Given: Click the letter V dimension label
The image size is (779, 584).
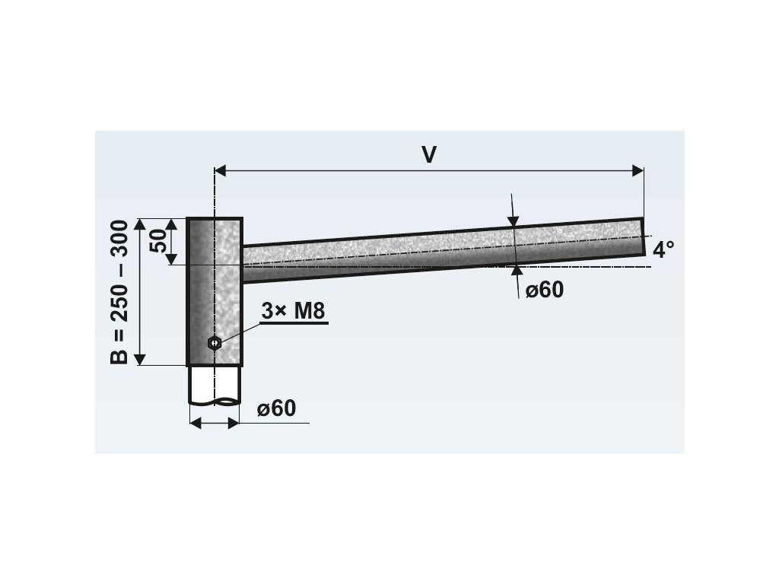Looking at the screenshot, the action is click(429, 154).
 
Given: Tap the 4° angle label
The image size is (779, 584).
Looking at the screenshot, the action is click(663, 249).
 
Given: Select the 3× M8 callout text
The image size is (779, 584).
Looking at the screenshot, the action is click(293, 311).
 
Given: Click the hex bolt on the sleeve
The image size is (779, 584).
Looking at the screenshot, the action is click(215, 343).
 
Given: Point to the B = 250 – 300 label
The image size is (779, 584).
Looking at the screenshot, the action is click(119, 292).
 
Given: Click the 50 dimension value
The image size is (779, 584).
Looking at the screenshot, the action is click(159, 241).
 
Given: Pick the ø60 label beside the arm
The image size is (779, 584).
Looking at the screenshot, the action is click(545, 290).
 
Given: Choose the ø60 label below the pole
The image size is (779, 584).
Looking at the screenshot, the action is click(277, 408).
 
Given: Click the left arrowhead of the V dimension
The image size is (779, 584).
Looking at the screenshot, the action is click(221, 171).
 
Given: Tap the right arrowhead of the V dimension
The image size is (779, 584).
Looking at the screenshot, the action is click(638, 171).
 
